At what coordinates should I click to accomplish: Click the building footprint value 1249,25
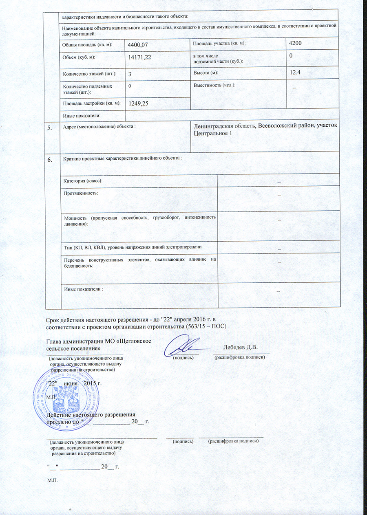(x=138, y=103)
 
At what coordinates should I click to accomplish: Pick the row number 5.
(x=50, y=128)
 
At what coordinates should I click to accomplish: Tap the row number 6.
(x=50, y=160)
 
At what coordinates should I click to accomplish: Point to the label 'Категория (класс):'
(x=83, y=180)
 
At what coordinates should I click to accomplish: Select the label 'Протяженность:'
(x=81, y=192)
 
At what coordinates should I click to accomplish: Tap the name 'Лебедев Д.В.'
(x=241, y=348)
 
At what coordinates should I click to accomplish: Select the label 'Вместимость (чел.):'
(x=214, y=86)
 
